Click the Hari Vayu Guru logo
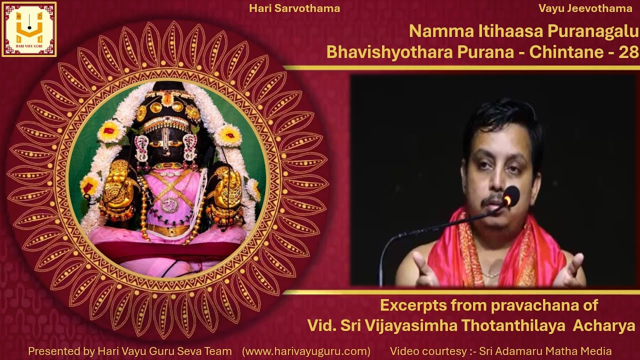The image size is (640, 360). point(29,29)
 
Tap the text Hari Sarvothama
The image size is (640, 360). point(294,8)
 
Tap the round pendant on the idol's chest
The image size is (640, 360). point(169,204)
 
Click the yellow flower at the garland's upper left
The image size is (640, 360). point(111,131)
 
